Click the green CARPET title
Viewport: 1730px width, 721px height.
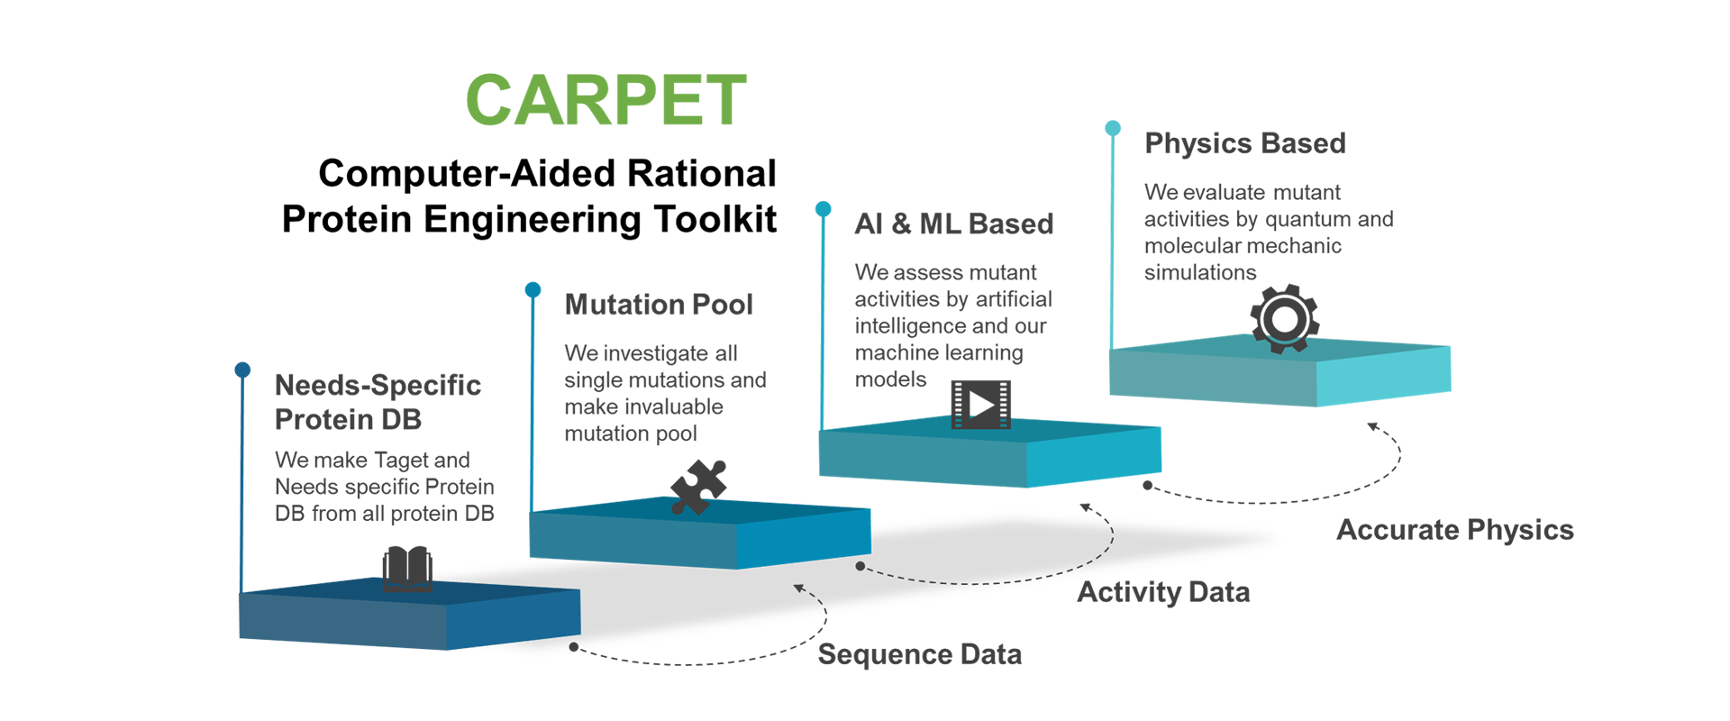pos(606,100)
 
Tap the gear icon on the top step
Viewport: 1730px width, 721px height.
pos(1285,318)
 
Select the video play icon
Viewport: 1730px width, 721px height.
pos(981,405)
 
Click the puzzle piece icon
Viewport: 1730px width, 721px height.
pos(698,487)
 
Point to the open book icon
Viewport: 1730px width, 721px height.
pos(407,569)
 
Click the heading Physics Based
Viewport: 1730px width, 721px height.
pos(1245,143)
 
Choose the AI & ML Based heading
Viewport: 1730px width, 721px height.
pos(954,224)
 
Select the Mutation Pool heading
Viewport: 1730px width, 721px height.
pos(659,305)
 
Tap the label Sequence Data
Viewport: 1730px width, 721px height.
pos(920,654)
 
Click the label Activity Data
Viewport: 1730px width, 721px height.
pos(1164,592)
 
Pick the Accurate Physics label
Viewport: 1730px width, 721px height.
pos(1455,530)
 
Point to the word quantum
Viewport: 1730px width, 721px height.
pos(1308,219)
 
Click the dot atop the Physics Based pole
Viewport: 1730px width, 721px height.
pos(1113,128)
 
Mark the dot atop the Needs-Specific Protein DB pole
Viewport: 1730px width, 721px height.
pos(242,370)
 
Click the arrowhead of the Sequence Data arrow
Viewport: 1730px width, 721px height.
pos(798,589)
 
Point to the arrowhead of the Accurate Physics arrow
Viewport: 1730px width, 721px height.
pos(1373,426)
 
